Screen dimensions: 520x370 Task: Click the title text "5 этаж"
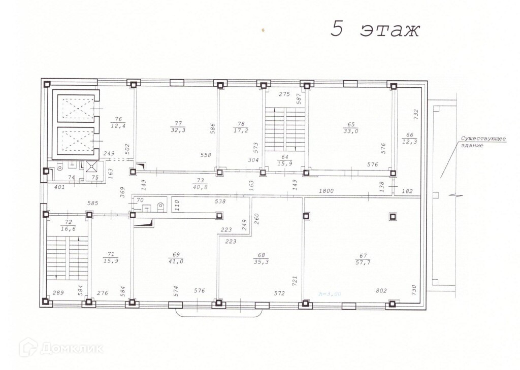tap(375, 29)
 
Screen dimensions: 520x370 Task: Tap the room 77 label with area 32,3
tap(178, 126)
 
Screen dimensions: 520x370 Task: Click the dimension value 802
tap(381, 290)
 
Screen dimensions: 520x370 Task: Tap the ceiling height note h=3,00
tap(330, 293)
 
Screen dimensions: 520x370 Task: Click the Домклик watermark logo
tap(61, 348)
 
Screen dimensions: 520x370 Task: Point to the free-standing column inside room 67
tap(393, 217)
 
